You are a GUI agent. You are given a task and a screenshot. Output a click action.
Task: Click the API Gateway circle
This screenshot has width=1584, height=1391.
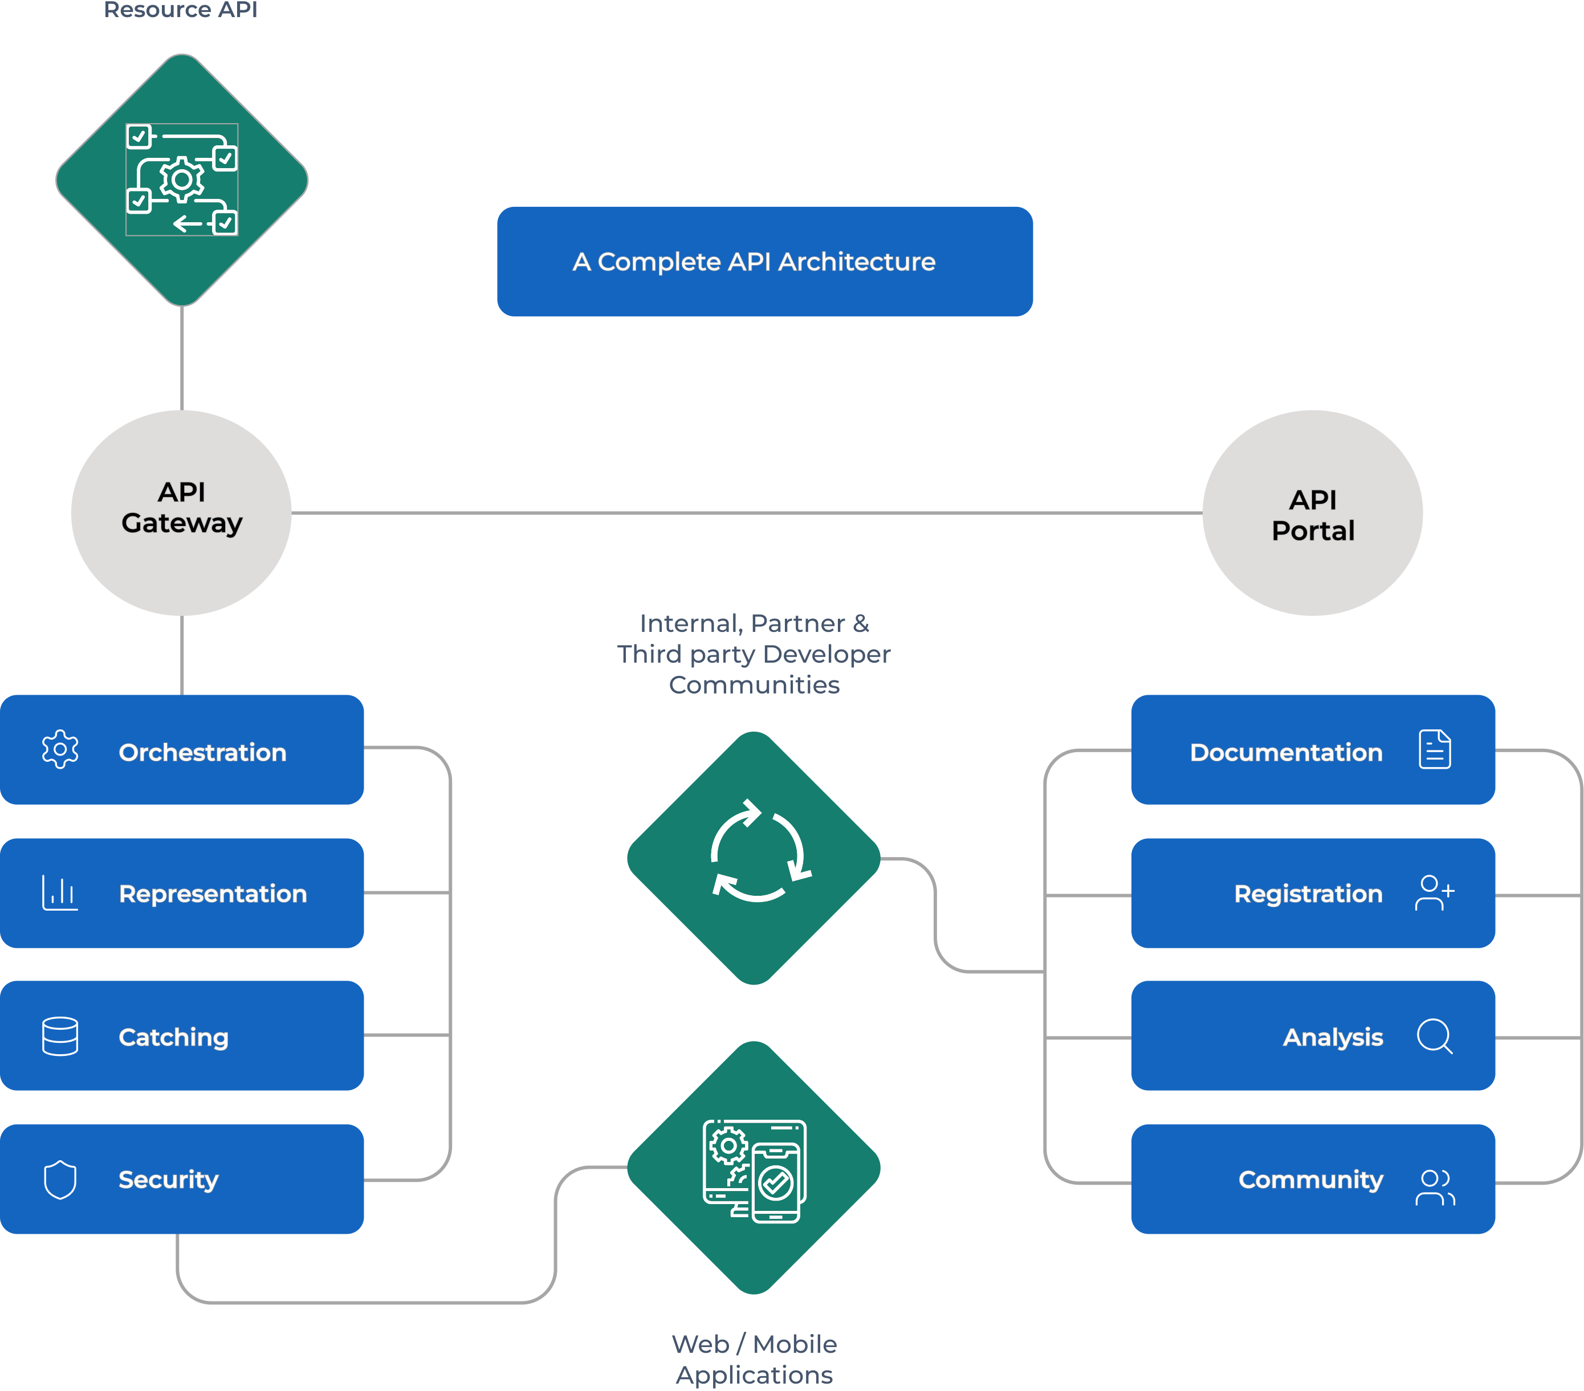click(181, 512)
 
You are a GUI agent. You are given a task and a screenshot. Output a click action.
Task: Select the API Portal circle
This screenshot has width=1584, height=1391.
click(1312, 513)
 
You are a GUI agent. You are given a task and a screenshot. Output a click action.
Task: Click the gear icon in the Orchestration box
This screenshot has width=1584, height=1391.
click(60, 749)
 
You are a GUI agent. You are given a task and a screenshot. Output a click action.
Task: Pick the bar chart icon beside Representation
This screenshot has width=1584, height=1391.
click(60, 893)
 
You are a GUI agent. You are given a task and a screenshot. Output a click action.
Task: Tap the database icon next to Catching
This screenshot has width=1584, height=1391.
click(60, 1036)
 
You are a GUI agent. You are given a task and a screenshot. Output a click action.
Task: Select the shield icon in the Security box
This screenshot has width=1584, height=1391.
click(60, 1180)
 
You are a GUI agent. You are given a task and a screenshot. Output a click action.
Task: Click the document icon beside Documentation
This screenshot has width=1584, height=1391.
click(1435, 749)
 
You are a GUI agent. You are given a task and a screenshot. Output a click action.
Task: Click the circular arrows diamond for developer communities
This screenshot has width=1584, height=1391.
click(754, 858)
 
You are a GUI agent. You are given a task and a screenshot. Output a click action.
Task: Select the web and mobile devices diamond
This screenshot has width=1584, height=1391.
click(754, 1168)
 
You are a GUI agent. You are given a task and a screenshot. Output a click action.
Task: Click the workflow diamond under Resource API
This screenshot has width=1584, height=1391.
click(181, 180)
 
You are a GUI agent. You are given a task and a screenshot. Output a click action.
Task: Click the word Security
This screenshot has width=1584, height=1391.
click(168, 1180)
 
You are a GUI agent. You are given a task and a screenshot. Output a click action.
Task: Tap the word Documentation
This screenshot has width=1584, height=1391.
click(1286, 752)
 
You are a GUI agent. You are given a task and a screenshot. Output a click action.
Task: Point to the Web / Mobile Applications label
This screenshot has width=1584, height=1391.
click(754, 1359)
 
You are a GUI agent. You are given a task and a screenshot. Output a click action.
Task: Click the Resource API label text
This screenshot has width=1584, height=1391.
click(181, 9)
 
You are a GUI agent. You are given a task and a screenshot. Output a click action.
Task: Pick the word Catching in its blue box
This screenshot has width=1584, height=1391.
click(174, 1037)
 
